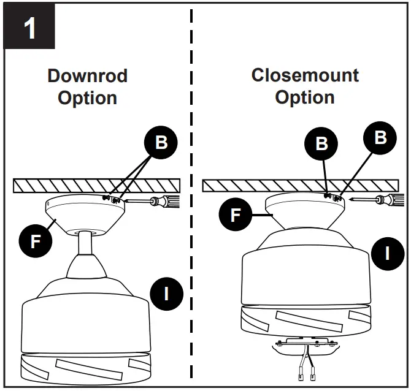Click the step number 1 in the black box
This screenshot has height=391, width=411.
(29, 29)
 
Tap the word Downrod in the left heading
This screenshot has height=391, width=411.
(88, 76)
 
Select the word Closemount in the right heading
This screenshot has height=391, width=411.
(305, 75)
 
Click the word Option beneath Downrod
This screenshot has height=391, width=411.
(88, 98)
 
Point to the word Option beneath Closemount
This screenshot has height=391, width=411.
(305, 97)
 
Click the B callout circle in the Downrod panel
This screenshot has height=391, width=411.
(161, 142)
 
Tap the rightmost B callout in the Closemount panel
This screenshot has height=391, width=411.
(380, 137)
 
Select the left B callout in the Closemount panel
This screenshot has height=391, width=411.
(321, 143)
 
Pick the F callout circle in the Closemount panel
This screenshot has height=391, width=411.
(236, 215)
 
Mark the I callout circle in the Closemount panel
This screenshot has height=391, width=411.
(387, 252)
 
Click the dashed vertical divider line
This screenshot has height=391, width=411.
(192, 245)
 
